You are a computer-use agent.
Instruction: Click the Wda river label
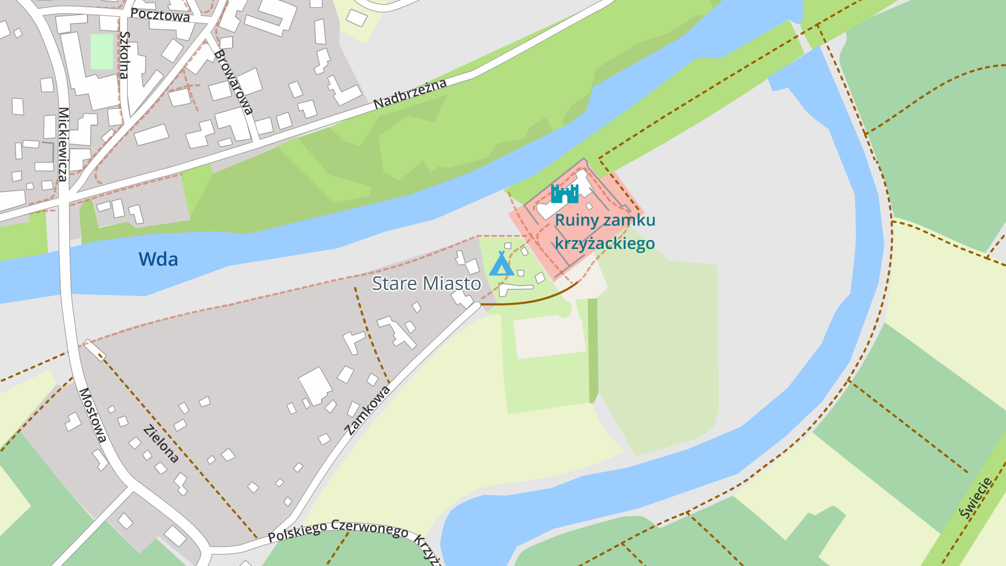point(158,259)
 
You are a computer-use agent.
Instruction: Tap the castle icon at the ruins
point(564,194)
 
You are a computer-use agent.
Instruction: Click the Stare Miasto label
point(427,284)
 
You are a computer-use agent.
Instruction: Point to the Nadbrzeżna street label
point(410,94)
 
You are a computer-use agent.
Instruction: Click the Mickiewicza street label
point(63,144)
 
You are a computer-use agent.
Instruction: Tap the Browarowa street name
point(234,82)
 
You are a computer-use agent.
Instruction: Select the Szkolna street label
point(125,55)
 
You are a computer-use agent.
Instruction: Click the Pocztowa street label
point(160,15)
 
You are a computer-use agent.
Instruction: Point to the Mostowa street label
point(93,415)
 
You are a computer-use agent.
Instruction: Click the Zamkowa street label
point(368,410)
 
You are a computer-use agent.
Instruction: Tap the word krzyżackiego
point(605,244)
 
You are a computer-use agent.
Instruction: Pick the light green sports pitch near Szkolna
point(102,51)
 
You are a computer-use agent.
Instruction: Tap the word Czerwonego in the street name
point(370,528)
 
